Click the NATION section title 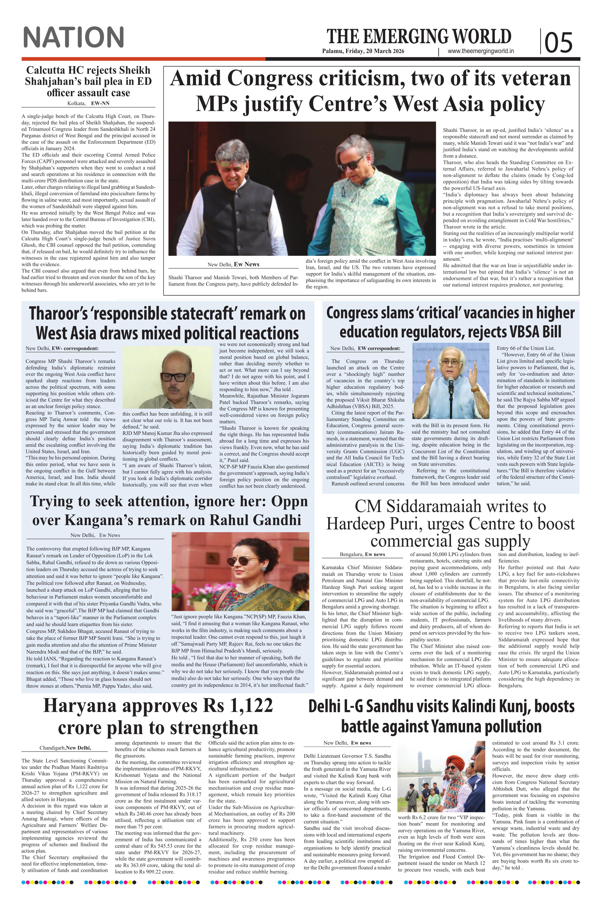(x=74, y=37)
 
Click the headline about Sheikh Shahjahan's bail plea (x=88, y=81)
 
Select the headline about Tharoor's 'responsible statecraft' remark (x=167, y=323)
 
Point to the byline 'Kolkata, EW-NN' (x=88, y=103)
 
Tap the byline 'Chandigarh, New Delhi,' (x=65, y=748)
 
